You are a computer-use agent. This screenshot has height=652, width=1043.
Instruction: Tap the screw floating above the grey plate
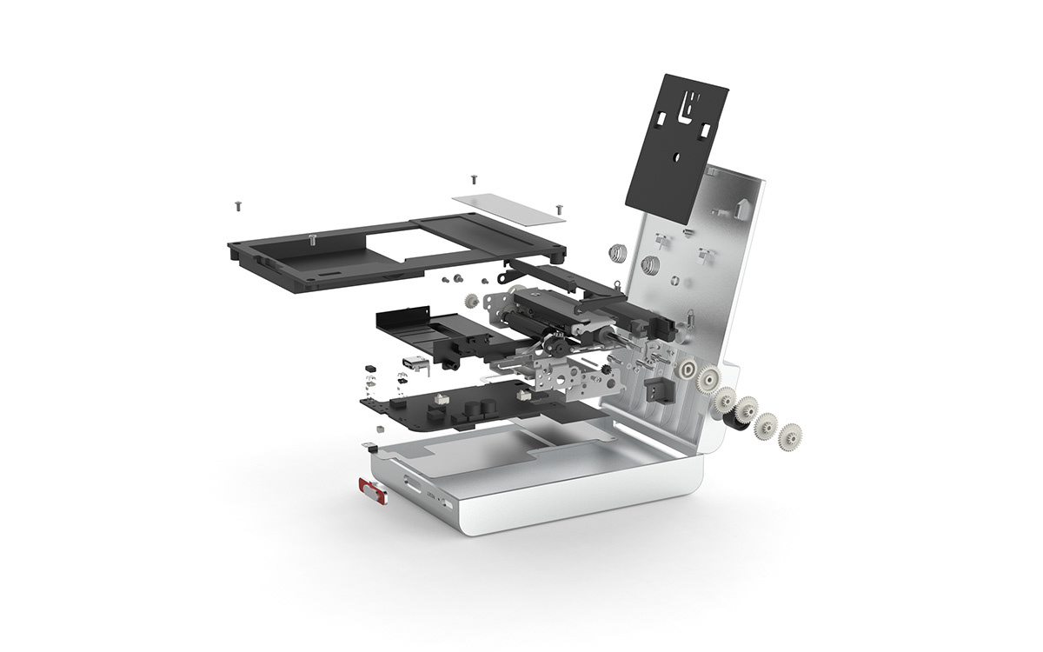pos(472,178)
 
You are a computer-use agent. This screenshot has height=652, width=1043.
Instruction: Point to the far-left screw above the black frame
pos(236,205)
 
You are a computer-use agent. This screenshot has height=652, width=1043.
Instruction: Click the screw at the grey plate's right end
pos(557,209)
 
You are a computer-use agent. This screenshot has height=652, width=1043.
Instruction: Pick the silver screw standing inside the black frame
pos(311,239)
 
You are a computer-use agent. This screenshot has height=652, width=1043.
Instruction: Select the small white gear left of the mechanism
pos(472,303)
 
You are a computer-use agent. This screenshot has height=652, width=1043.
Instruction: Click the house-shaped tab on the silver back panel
pos(741,206)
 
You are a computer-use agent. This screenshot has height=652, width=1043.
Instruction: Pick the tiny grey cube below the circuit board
pos(380,429)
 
